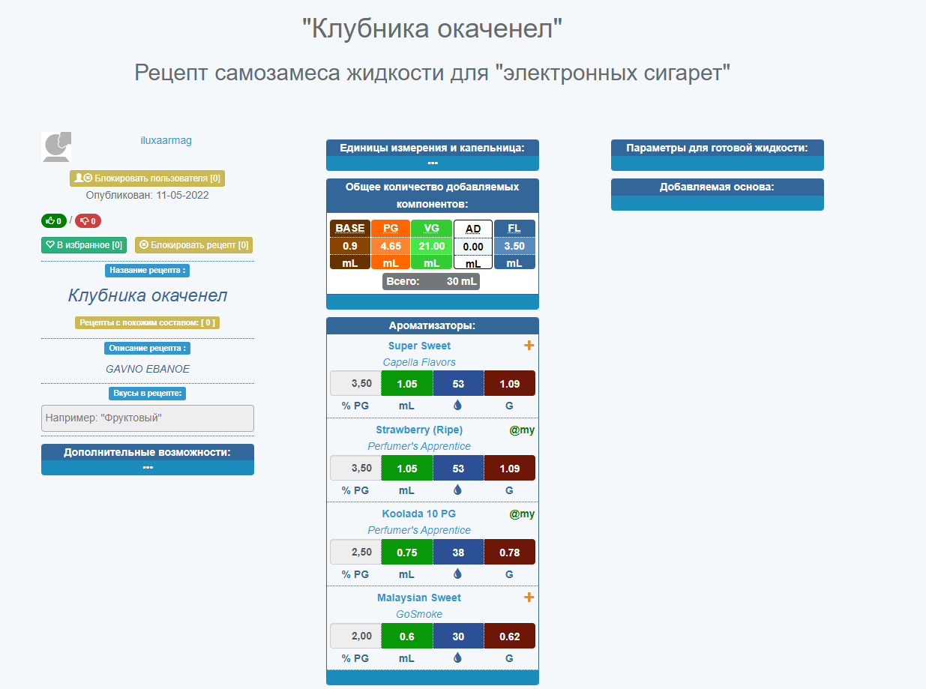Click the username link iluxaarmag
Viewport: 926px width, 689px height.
(166, 140)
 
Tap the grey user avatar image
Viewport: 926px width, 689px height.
(56, 147)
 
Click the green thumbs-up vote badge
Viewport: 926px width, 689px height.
(54, 221)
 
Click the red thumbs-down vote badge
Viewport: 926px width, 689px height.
(88, 221)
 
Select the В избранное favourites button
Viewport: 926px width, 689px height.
(84, 245)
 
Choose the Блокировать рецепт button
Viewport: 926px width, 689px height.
(193, 245)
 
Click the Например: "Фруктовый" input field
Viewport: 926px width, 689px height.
(148, 418)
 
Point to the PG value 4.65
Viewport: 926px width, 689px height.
(391, 246)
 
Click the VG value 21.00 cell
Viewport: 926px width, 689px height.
(431, 246)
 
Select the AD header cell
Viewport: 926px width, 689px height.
(473, 229)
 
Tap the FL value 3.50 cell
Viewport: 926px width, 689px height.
(514, 246)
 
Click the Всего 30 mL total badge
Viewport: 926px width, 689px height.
(431, 281)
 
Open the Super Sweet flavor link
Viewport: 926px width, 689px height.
(419, 346)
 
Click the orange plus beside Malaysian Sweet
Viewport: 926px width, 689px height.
(529, 598)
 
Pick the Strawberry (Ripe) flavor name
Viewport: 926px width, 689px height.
(419, 430)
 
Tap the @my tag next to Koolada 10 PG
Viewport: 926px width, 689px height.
(522, 514)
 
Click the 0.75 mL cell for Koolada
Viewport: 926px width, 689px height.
(407, 552)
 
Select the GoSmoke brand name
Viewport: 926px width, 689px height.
(419, 614)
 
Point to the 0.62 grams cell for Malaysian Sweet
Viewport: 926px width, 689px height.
(510, 636)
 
